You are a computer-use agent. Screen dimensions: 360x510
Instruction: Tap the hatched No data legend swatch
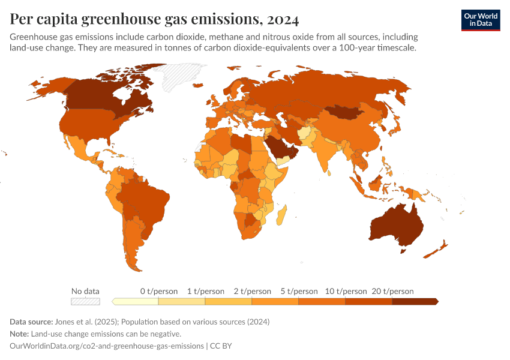click(x=85, y=301)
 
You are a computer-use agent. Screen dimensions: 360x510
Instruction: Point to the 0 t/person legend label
click(x=158, y=291)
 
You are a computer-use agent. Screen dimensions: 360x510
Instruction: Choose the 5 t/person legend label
click(x=298, y=291)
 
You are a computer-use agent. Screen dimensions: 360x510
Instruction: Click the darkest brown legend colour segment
click(x=415, y=301)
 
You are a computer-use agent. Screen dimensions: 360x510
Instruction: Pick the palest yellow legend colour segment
click(x=135, y=301)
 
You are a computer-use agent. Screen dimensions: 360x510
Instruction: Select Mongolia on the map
click(x=345, y=112)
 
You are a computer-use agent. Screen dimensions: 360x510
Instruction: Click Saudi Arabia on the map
click(x=278, y=146)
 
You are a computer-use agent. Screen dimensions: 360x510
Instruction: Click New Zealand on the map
click(x=438, y=249)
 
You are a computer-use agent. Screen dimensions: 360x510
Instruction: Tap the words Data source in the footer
click(x=31, y=322)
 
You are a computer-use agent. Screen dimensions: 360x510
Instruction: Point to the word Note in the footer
click(x=19, y=334)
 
